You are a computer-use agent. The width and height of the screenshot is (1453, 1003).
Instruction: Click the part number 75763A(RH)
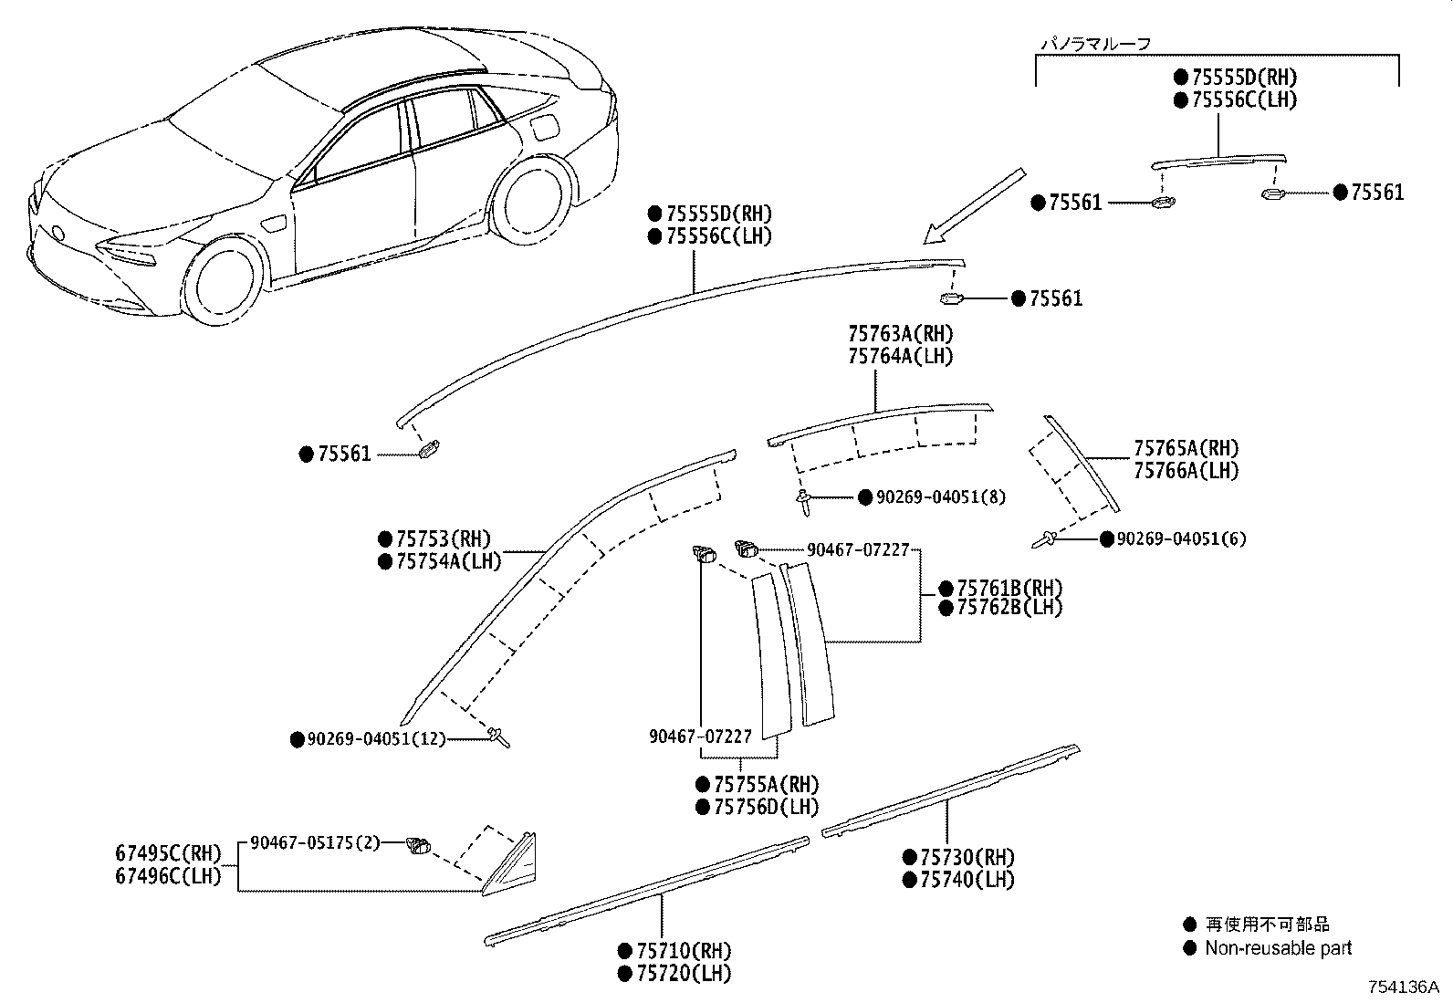click(x=900, y=334)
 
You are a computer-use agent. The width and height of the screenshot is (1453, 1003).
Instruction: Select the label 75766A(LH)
click(x=1186, y=470)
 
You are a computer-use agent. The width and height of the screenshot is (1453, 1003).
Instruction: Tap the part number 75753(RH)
click(x=444, y=538)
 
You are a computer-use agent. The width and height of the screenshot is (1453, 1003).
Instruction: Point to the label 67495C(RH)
click(x=169, y=853)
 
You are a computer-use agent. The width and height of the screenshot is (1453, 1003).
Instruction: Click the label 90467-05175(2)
click(x=315, y=842)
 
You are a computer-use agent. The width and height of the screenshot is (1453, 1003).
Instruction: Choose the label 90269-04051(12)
click(x=377, y=739)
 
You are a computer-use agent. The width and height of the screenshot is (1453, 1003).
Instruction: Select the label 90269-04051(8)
click(x=941, y=497)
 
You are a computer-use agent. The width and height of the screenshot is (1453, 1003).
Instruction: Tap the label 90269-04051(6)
click(x=1181, y=539)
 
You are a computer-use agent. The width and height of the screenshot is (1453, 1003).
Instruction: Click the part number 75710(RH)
click(x=684, y=951)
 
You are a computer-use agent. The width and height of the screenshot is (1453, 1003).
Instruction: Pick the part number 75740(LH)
click(x=967, y=880)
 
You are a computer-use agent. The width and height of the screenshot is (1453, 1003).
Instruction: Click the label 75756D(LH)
click(x=766, y=807)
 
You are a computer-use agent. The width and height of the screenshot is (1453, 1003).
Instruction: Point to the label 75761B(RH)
click(x=1010, y=589)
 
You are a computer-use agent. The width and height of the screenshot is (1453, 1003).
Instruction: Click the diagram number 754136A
click(x=1404, y=987)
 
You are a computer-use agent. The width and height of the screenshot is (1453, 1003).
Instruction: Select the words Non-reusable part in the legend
click(x=1278, y=948)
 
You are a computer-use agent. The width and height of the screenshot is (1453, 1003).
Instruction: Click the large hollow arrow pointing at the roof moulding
click(x=974, y=206)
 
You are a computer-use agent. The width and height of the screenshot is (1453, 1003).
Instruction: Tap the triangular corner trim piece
click(x=510, y=864)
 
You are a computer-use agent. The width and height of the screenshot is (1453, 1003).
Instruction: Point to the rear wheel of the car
click(x=530, y=199)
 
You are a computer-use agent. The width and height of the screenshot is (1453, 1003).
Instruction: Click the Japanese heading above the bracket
click(x=1095, y=44)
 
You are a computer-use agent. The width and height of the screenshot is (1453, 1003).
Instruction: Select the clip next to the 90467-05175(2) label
click(x=418, y=846)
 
